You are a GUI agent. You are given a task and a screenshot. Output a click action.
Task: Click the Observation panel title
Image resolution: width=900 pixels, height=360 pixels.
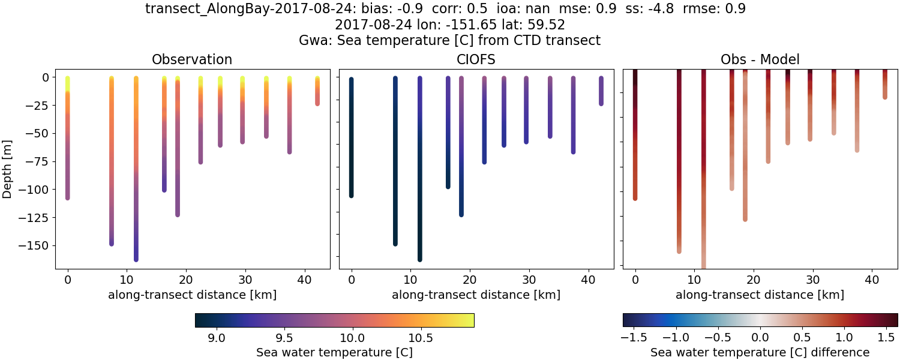pyautogui.click(x=192, y=59)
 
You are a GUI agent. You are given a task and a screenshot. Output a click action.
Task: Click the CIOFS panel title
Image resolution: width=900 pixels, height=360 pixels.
pyautogui.click(x=476, y=59)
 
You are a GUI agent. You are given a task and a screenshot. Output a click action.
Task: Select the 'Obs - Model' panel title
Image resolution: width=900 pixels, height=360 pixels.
pyautogui.click(x=760, y=59)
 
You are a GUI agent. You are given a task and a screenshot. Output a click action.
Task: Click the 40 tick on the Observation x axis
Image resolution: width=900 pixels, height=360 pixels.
pyautogui.click(x=304, y=279)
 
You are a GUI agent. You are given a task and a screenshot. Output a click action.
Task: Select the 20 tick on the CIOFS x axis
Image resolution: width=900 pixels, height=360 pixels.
pyautogui.click(x=470, y=279)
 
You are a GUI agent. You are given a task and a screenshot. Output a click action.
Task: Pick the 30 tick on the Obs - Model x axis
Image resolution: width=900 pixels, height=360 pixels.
pyautogui.click(x=813, y=279)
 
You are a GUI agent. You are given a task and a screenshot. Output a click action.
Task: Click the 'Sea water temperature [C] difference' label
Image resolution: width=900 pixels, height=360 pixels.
pyautogui.click(x=760, y=352)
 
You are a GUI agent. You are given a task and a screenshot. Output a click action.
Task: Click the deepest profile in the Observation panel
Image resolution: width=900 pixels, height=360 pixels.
pyautogui.click(x=136, y=180)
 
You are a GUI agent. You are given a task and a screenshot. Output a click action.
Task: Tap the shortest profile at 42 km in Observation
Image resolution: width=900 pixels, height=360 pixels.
pyautogui.click(x=317, y=90)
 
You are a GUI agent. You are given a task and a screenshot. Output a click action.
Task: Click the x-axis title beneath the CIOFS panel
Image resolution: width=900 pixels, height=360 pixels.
pyautogui.click(x=476, y=295)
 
